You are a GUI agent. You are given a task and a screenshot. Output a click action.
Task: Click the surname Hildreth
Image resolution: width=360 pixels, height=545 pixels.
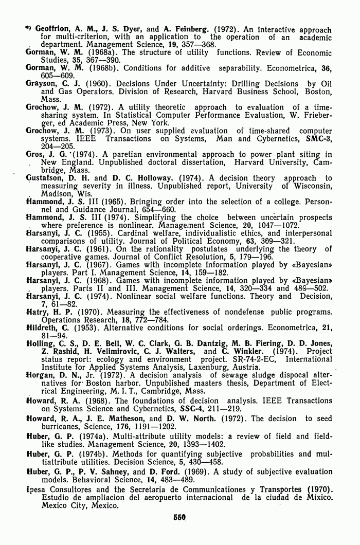[42, 328]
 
